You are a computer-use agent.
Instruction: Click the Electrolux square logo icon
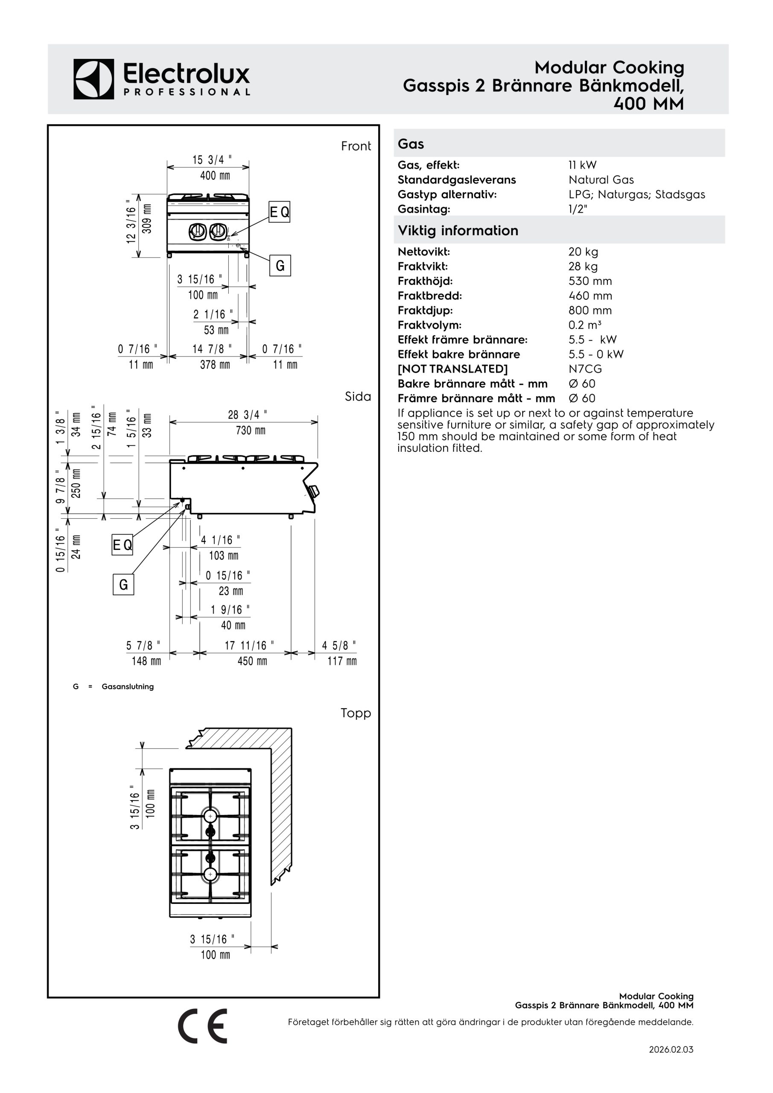[94, 79]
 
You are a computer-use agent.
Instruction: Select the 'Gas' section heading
[411, 144]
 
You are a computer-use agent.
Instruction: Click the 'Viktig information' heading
[458, 231]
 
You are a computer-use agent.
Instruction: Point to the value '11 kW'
[582, 165]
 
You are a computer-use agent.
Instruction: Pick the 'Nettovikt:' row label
[423, 252]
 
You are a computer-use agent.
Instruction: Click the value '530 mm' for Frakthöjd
[590, 281]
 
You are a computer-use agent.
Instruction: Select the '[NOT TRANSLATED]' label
[453, 369]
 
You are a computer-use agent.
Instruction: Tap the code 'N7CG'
[585, 369]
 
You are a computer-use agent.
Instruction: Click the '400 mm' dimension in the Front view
[215, 175]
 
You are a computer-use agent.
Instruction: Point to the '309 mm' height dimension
[147, 219]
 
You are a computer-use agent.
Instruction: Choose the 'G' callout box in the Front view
[280, 266]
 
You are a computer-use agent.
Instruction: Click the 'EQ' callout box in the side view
[123, 545]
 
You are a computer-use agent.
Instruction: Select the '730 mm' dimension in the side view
[251, 430]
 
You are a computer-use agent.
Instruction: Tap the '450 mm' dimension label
[252, 661]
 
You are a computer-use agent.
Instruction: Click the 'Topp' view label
[356, 713]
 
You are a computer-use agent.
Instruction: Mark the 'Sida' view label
[358, 397]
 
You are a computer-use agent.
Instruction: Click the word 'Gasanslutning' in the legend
[128, 687]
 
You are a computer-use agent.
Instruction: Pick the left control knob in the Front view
[197, 232]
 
